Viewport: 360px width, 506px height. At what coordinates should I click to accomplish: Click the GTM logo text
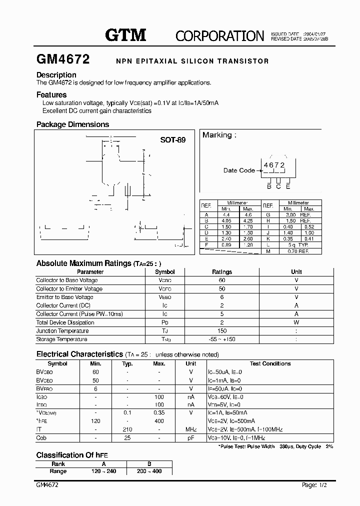(125, 34)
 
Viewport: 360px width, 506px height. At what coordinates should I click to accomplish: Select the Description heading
(56, 75)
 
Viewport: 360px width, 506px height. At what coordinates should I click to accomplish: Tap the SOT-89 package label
(172, 140)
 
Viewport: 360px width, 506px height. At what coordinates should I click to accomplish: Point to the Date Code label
(239, 170)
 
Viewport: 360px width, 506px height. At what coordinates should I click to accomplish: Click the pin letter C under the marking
(278, 186)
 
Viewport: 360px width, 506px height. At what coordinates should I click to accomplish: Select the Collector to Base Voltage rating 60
(222, 280)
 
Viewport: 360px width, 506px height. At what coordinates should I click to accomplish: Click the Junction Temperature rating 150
(222, 331)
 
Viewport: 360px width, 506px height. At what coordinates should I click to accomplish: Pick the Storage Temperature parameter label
(61, 339)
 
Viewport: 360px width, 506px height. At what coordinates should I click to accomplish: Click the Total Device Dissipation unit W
(296, 322)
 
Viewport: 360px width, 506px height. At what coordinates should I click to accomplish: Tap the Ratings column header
(222, 272)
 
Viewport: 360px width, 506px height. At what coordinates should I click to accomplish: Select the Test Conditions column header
(270, 363)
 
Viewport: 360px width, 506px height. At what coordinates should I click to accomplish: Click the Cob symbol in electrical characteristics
(41, 438)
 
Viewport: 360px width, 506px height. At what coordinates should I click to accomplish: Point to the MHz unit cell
(191, 429)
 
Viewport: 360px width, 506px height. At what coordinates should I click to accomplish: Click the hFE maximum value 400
(159, 421)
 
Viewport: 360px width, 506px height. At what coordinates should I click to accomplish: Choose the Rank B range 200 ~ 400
(149, 471)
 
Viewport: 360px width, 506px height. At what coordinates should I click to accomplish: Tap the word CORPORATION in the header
(219, 35)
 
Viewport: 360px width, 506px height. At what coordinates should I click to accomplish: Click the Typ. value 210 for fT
(127, 429)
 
